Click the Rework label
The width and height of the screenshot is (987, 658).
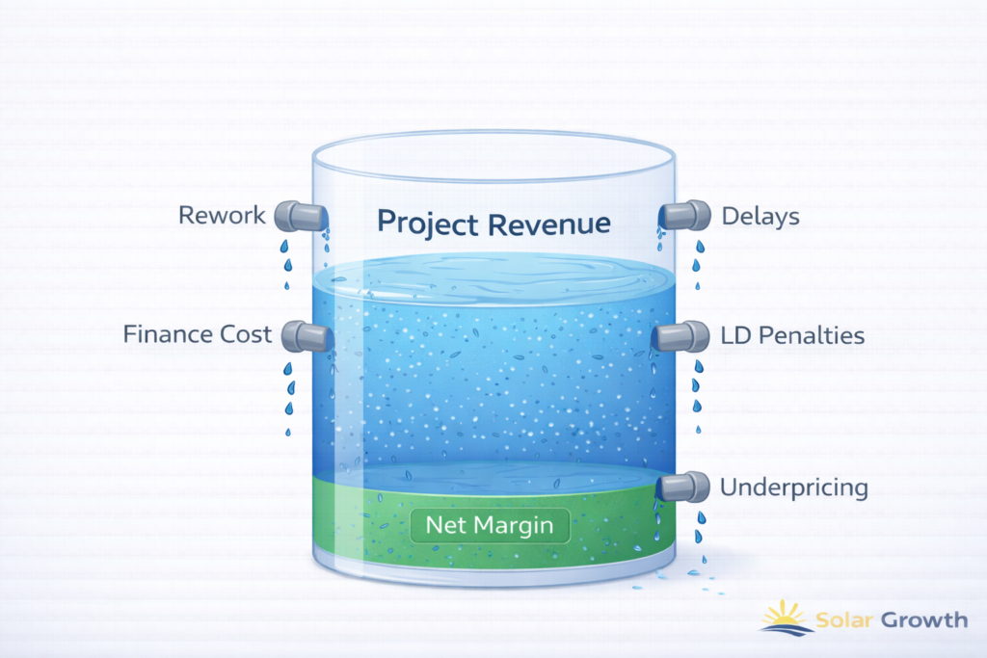click(x=222, y=215)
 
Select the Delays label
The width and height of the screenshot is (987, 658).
click(x=760, y=216)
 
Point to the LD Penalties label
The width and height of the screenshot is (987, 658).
click(x=792, y=336)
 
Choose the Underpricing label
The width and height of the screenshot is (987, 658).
click(x=794, y=488)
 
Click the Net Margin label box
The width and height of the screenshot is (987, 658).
click(x=491, y=527)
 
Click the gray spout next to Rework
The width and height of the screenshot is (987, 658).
click(x=296, y=215)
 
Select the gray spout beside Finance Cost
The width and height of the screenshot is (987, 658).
click(x=308, y=335)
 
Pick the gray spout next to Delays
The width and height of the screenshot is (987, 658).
click(x=685, y=216)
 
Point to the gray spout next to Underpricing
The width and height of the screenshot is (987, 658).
click(x=683, y=487)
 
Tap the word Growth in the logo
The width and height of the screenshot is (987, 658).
click(x=926, y=619)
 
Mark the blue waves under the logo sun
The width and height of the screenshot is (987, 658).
click(x=787, y=629)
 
